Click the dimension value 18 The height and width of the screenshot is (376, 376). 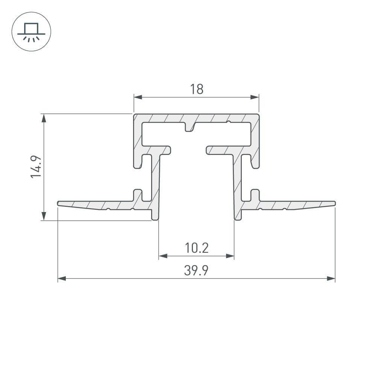pyautogui.click(x=197, y=89)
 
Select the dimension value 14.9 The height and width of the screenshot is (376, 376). pyautogui.click(x=36, y=167)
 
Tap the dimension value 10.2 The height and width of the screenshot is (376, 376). pyautogui.click(x=197, y=248)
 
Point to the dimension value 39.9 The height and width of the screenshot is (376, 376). pyautogui.click(x=196, y=270)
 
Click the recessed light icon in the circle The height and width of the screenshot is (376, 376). pyautogui.click(x=31, y=32)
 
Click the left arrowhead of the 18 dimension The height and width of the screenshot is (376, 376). pyautogui.click(x=138, y=97)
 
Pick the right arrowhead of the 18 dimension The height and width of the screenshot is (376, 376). pyautogui.click(x=255, y=97)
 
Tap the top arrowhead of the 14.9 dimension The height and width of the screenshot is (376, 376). pyautogui.click(x=44, y=118)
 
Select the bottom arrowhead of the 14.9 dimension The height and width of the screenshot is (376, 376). pyautogui.click(x=44, y=216)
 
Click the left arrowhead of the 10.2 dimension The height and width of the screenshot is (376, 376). pyautogui.click(x=163, y=256)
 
